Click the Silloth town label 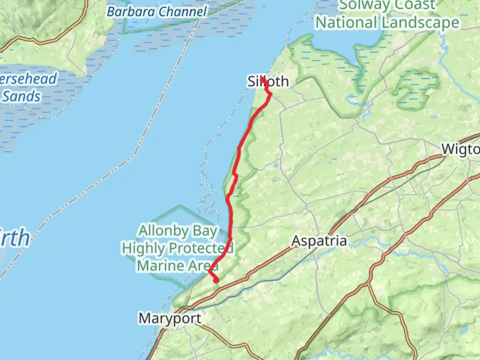click(x=268, y=81)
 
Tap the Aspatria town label click(x=319, y=241)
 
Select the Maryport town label click(x=170, y=318)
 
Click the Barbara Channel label click(x=157, y=12)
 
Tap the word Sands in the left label click(x=21, y=96)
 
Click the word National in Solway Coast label click(x=346, y=23)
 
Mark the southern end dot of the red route click(x=216, y=281)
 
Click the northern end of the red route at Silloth click(x=263, y=79)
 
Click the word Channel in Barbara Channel click(x=182, y=12)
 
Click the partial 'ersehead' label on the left click(x=28, y=79)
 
